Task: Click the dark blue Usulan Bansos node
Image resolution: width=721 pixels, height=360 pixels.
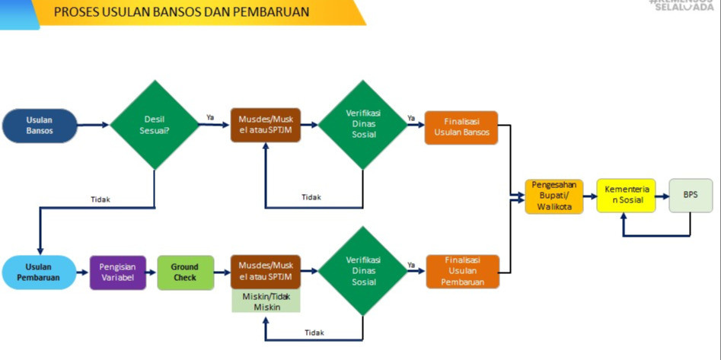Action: (x=40, y=126)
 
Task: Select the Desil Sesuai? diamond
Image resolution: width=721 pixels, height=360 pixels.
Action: (x=155, y=125)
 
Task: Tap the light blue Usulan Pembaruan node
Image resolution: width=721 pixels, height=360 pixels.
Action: (x=40, y=272)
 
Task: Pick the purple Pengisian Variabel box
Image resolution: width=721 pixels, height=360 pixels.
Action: (x=117, y=272)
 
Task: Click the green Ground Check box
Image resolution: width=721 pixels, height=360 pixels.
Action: (x=185, y=272)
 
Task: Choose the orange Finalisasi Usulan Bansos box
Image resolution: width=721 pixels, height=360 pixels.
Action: (x=461, y=128)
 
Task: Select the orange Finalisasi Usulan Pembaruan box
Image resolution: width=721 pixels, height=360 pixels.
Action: (x=461, y=272)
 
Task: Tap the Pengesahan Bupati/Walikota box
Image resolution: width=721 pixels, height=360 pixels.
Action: (x=554, y=196)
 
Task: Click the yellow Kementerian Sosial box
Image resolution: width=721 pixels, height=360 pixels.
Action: (x=625, y=195)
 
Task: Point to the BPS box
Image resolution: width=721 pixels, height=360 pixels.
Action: (x=690, y=195)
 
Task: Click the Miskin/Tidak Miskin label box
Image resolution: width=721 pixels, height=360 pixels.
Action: (x=266, y=301)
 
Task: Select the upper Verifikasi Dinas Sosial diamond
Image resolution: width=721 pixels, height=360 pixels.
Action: (x=362, y=125)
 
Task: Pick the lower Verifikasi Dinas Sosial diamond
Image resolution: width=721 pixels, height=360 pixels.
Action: (x=362, y=271)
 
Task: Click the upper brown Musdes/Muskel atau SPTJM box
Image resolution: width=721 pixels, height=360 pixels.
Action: (x=266, y=126)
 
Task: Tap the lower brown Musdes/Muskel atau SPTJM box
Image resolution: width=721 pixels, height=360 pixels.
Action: (x=266, y=271)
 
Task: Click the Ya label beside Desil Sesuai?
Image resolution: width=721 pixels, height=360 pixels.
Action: (x=210, y=117)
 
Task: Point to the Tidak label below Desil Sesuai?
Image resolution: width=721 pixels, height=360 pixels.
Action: (x=100, y=199)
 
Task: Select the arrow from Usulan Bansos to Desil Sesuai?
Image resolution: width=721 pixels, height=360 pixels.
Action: (x=93, y=125)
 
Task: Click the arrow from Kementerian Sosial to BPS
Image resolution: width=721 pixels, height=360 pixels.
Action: (x=662, y=196)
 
